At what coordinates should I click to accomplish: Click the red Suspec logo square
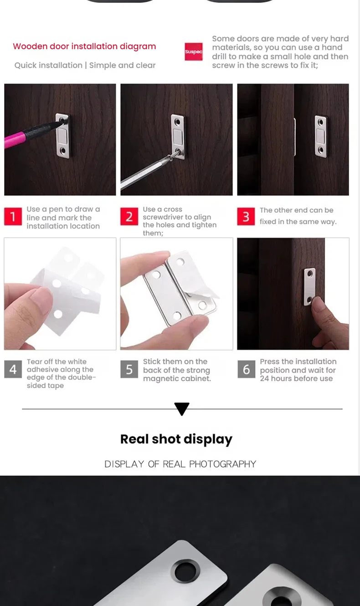coord(194,52)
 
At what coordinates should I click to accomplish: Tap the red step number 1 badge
coord(13,217)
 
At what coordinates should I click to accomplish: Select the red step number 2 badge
coord(129,217)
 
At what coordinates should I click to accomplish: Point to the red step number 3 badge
coord(246,217)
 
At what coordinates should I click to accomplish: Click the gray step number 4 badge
coord(13,369)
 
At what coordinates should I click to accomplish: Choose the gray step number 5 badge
coord(129,369)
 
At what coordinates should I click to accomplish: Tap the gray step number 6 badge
coord(247,369)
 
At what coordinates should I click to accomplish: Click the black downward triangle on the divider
coord(182,409)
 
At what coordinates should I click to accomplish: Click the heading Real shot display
coord(176,440)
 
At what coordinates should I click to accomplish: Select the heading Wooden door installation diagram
coord(84,46)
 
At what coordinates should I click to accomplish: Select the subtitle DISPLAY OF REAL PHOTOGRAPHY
coord(180,464)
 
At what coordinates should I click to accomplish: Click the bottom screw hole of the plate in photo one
coord(63,150)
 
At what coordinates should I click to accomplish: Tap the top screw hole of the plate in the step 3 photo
coord(320,122)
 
